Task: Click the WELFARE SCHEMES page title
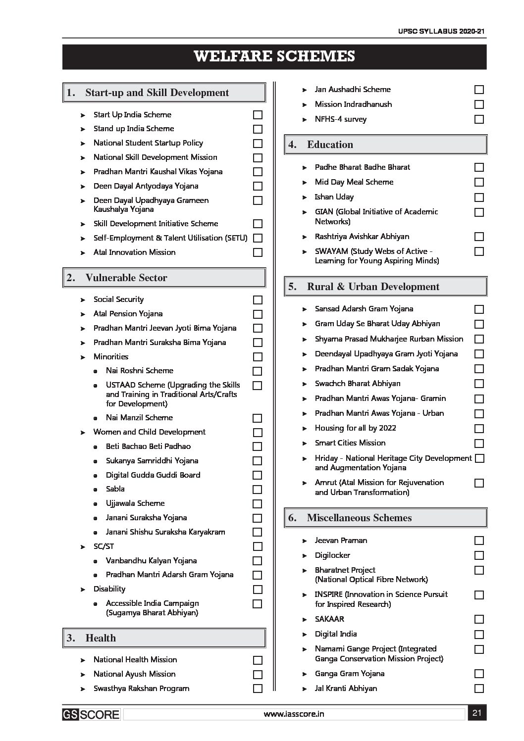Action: pos(274,56)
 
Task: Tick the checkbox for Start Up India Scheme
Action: pos(258,115)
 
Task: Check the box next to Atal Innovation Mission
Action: pos(258,252)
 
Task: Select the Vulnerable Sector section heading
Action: pos(126,278)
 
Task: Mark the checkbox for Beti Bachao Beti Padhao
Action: pos(258,446)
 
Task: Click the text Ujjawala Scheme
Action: pos(135,503)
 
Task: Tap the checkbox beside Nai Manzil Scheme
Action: pos(258,418)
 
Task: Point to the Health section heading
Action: pos(101,638)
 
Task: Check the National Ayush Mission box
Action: pos(258,675)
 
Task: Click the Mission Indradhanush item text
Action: pos(353,104)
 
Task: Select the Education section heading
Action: pos(330,145)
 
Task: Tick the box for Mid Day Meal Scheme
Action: pos(479,182)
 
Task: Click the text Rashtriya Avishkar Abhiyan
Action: pos(362,237)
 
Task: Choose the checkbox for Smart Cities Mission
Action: pos(479,444)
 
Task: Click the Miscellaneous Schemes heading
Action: pos(359,518)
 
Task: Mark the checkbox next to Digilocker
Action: pos(479,555)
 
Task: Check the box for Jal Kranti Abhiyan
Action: pos(479,689)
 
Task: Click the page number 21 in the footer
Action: pos(477,713)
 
